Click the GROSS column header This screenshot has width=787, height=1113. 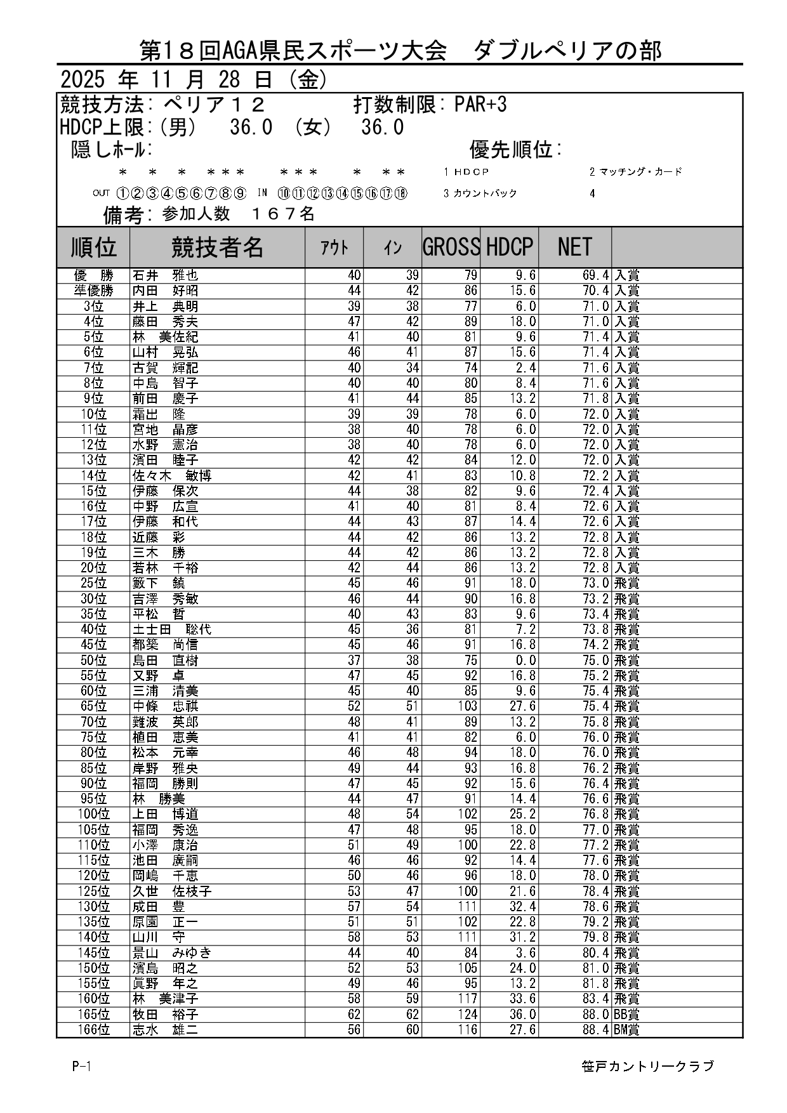pyautogui.click(x=451, y=247)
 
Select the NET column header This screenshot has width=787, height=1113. pyautogui.click(x=574, y=247)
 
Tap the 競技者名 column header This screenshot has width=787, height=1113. pyautogui.click(x=217, y=247)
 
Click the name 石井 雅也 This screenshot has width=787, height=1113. pyautogui.click(x=165, y=275)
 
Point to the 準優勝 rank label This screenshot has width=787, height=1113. pyautogui.click(x=93, y=291)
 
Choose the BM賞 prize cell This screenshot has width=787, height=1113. pyautogui.click(x=626, y=1029)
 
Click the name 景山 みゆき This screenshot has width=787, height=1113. pyautogui.click(x=171, y=952)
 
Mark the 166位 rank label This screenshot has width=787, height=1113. pyautogui.click(x=93, y=1029)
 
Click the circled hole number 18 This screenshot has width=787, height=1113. pyautogui.click(x=400, y=194)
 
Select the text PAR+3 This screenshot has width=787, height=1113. pyautogui.click(x=480, y=105)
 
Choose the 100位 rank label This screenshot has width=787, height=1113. pyautogui.click(x=93, y=814)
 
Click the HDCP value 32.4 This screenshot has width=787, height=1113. pyautogui.click(x=524, y=906)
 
